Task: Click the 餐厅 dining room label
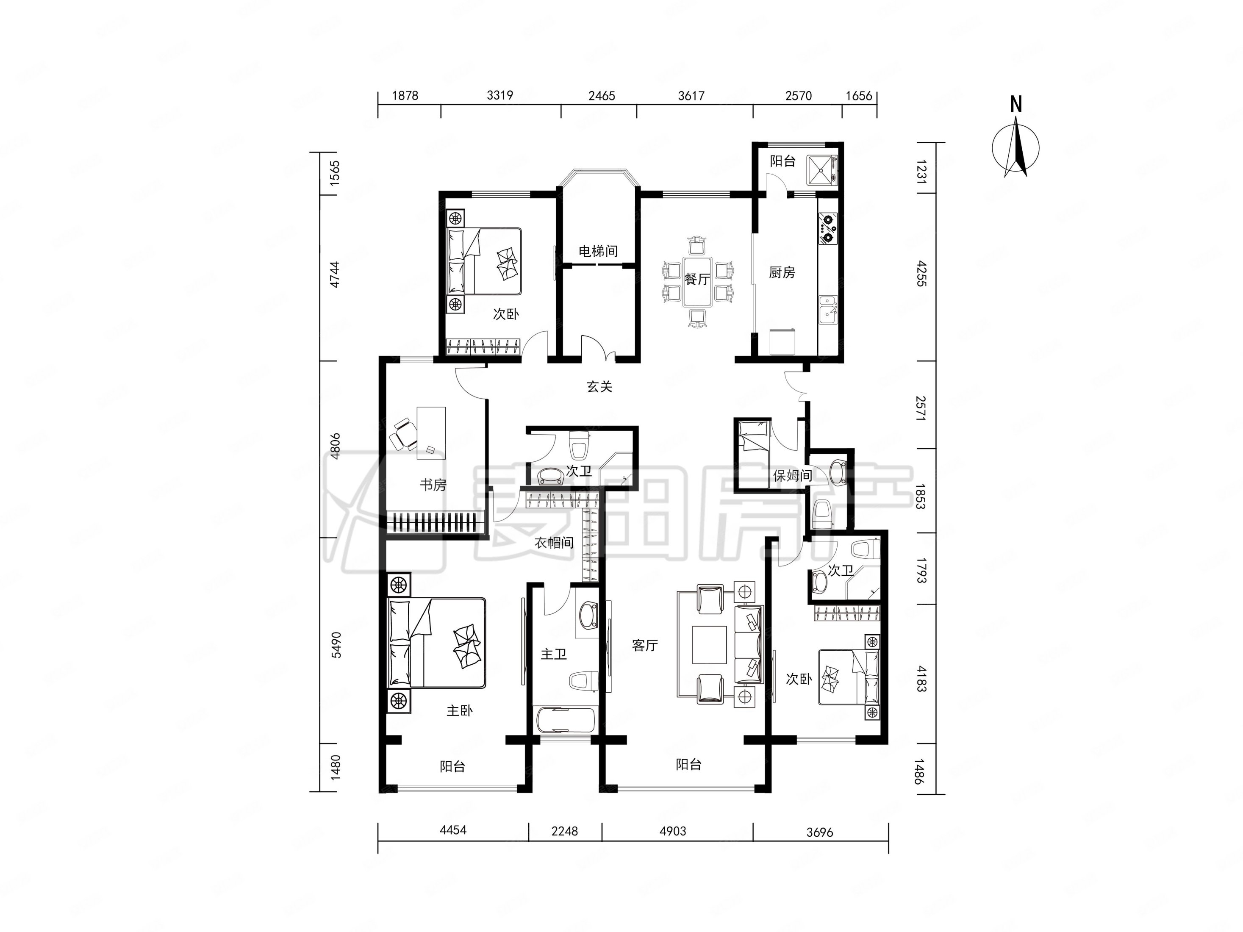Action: (x=697, y=279)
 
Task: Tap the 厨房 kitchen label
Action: (x=782, y=272)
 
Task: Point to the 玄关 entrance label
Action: (x=599, y=386)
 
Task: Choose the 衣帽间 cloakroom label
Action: (x=554, y=543)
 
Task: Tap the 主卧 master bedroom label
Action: (x=459, y=711)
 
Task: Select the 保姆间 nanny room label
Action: (x=792, y=476)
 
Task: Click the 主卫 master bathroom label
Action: (x=554, y=654)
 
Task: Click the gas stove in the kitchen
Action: (x=828, y=227)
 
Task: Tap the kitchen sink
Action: (x=828, y=310)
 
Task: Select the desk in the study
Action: (x=431, y=433)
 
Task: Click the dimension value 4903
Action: (x=673, y=831)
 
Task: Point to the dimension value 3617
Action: (x=691, y=95)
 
